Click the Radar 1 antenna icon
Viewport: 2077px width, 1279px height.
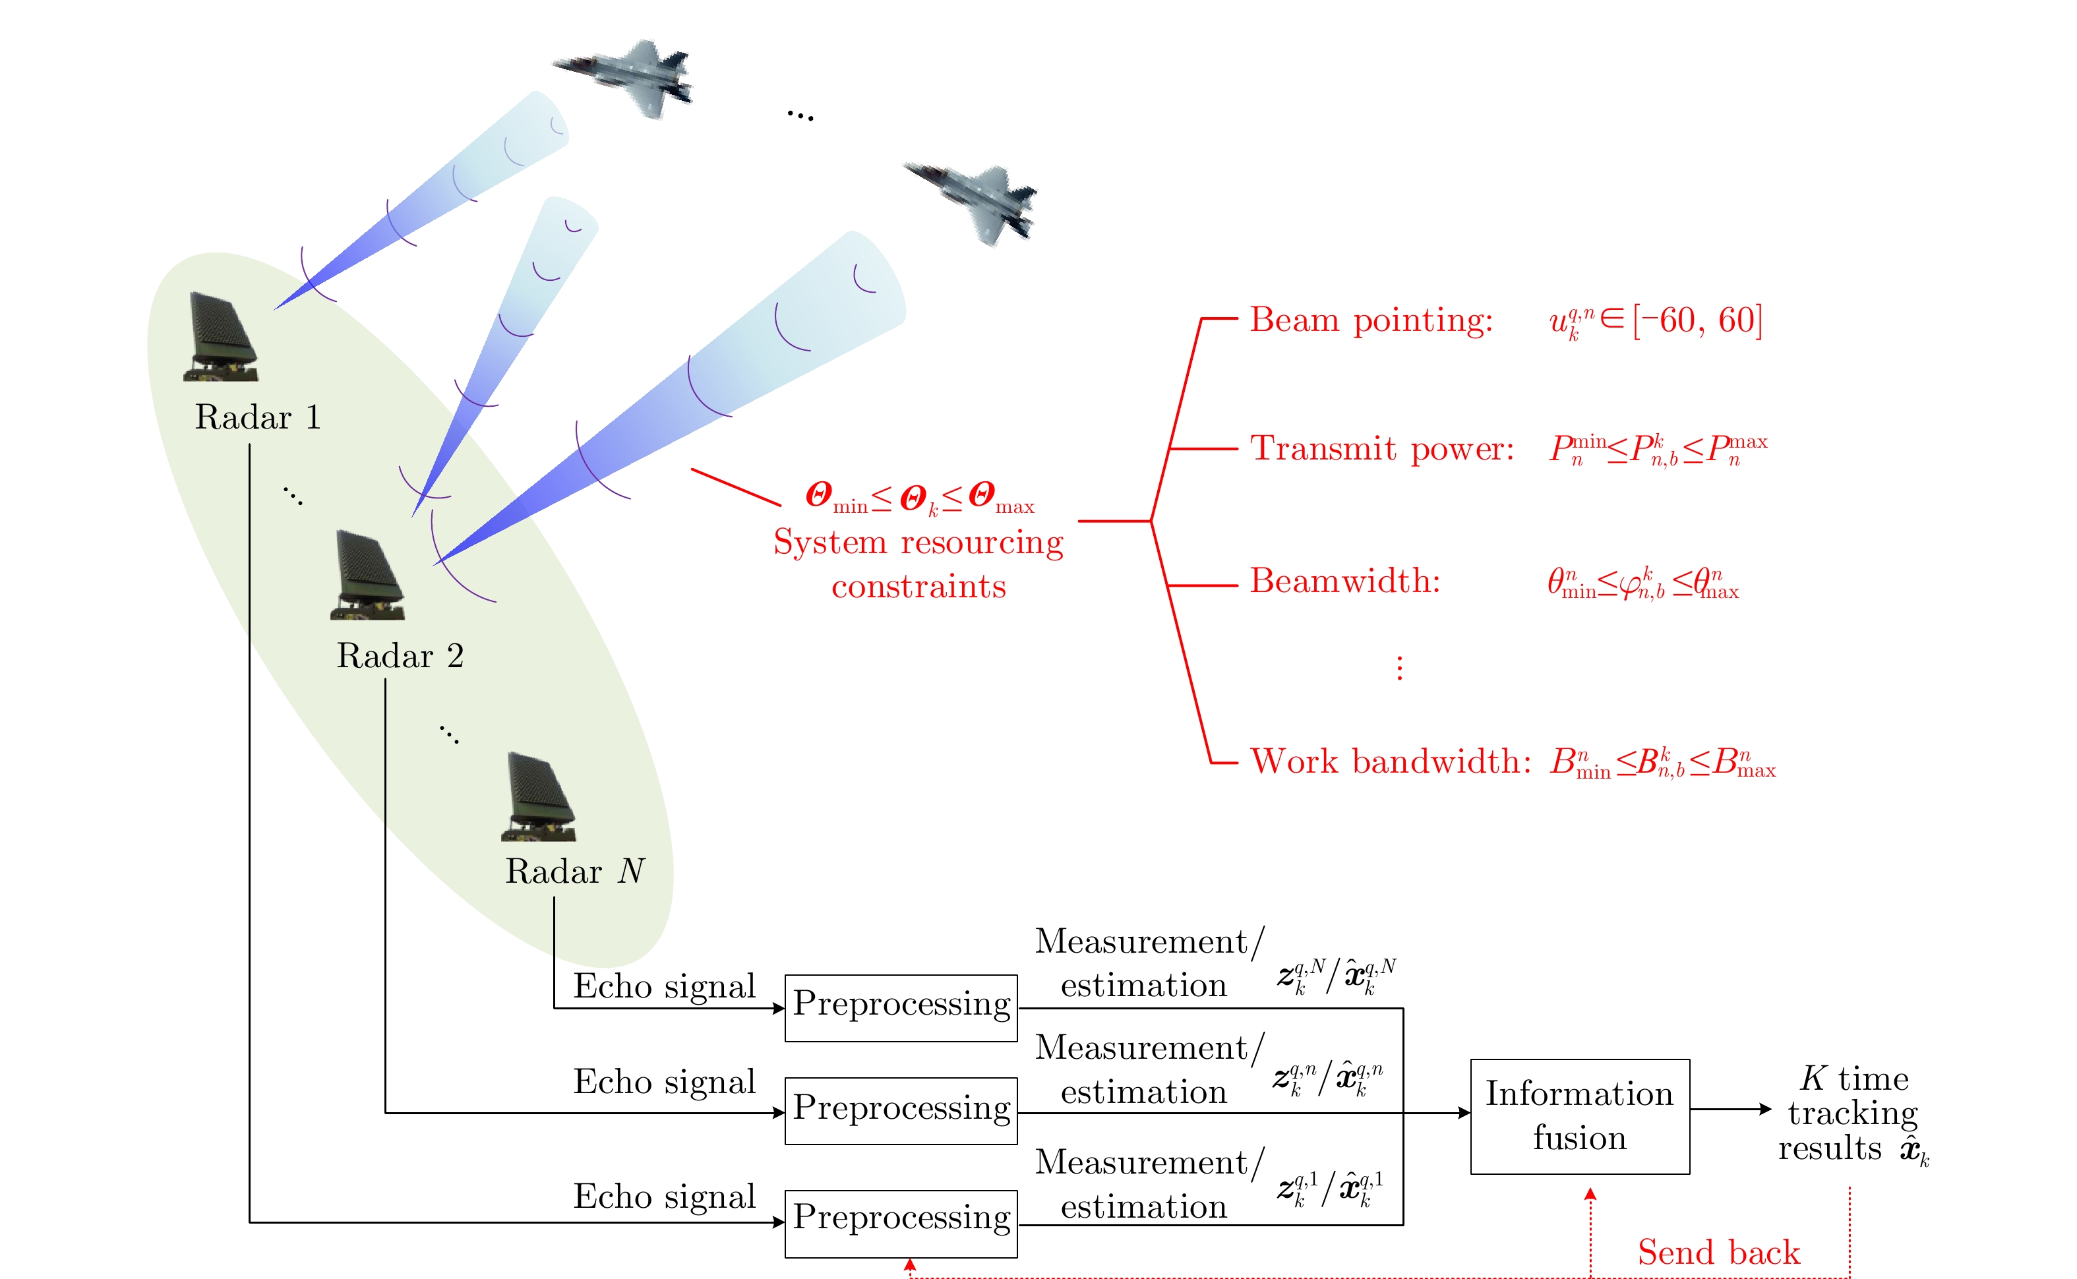click(x=221, y=337)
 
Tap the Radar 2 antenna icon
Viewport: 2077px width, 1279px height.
click(x=367, y=575)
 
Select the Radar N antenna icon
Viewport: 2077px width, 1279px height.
click(x=538, y=797)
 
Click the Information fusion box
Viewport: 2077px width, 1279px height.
click(x=1580, y=1115)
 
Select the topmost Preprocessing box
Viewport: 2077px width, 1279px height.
click(x=901, y=1007)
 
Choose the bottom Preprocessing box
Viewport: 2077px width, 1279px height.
click(x=901, y=1222)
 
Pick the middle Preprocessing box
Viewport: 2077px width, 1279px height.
click(x=901, y=1110)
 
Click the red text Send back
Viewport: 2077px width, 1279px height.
click(x=1718, y=1252)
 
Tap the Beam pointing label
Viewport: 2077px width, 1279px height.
click(x=1371, y=320)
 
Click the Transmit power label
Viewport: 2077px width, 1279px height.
click(x=1381, y=448)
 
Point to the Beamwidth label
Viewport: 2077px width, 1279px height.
click(x=1344, y=581)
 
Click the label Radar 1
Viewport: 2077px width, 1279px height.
click(x=257, y=417)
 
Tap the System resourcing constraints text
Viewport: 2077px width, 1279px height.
click(x=918, y=564)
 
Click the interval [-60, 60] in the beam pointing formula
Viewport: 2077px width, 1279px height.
click(x=1697, y=320)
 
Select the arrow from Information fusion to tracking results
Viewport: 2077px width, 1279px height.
click(x=1730, y=1109)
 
